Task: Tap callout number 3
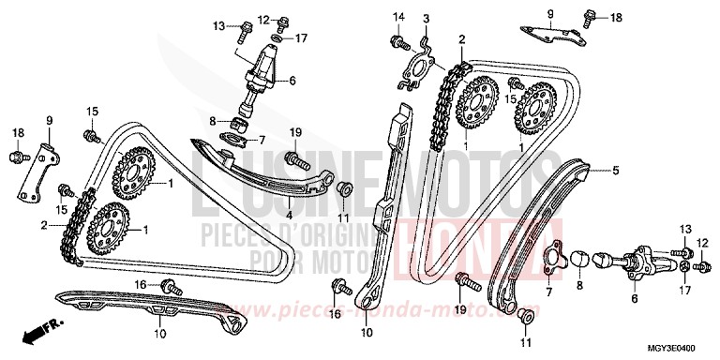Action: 425,20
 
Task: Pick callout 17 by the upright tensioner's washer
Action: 301,38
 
